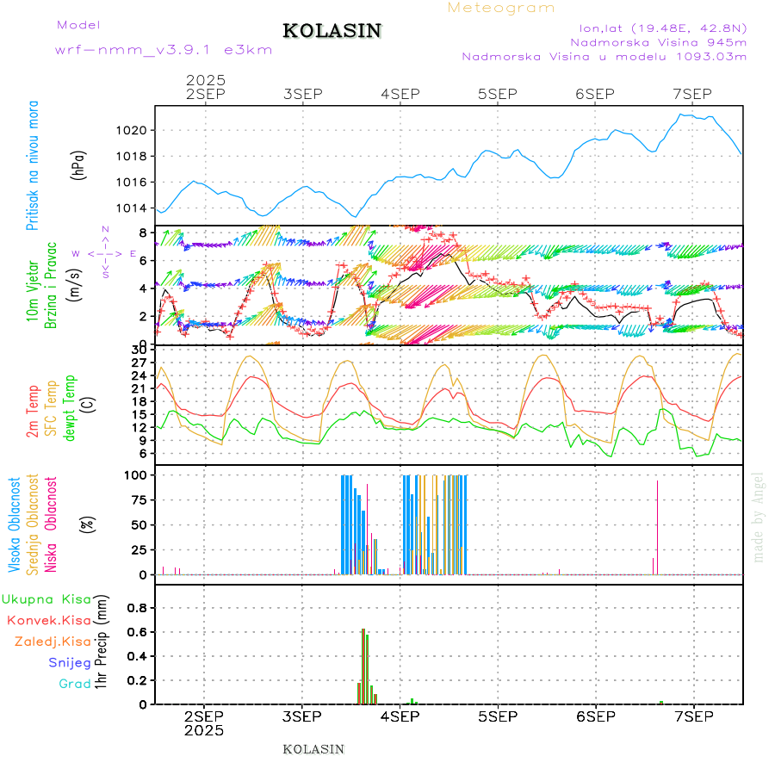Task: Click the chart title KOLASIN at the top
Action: [332, 31]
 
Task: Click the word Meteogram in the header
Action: [501, 8]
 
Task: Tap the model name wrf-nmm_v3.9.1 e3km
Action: [164, 50]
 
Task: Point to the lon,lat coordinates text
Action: [662, 28]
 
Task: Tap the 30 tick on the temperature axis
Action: [142, 350]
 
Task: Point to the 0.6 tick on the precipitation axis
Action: [139, 632]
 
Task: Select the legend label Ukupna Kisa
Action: [46, 599]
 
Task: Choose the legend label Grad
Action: [75, 684]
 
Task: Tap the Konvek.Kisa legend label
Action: [48, 620]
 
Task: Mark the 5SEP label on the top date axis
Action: [497, 94]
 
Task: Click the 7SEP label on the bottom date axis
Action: [693, 716]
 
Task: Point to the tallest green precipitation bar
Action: [363, 666]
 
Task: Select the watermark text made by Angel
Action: [759, 517]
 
